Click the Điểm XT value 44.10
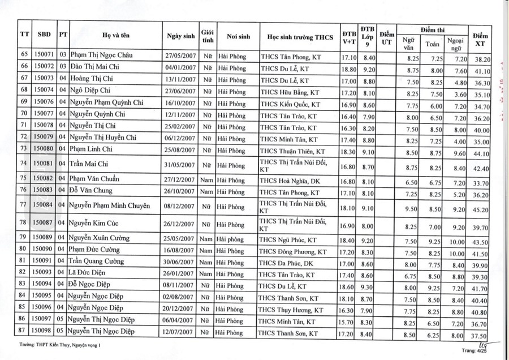tap(482, 153)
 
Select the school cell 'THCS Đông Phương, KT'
tap(294, 251)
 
